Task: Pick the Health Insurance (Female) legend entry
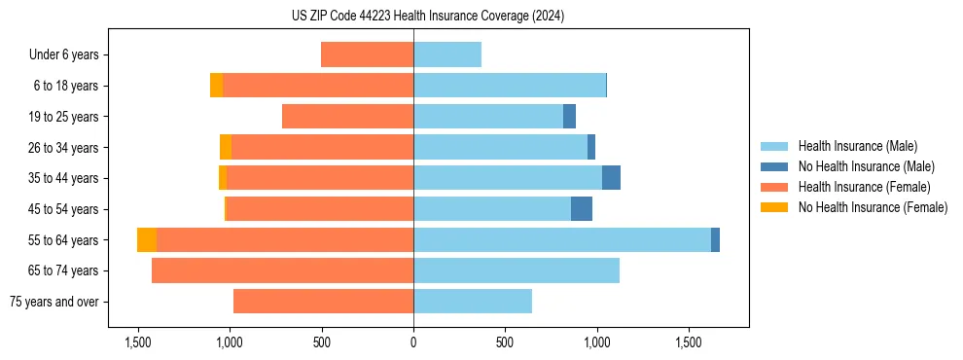pyautogui.click(x=864, y=187)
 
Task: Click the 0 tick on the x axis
pyautogui.click(x=413, y=342)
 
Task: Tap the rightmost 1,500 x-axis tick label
pyautogui.click(x=689, y=342)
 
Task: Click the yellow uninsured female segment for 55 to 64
pyautogui.click(x=147, y=239)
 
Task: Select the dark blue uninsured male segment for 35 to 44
pyautogui.click(x=611, y=178)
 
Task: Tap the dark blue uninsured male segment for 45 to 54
pyautogui.click(x=582, y=208)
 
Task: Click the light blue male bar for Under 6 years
pyautogui.click(x=447, y=54)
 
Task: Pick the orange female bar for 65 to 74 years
pyautogui.click(x=282, y=270)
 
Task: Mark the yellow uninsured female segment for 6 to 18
pyautogui.click(x=216, y=86)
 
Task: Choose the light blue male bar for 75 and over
pyautogui.click(x=473, y=302)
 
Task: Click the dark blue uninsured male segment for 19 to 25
pyautogui.click(x=569, y=117)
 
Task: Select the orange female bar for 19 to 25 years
pyautogui.click(x=347, y=117)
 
